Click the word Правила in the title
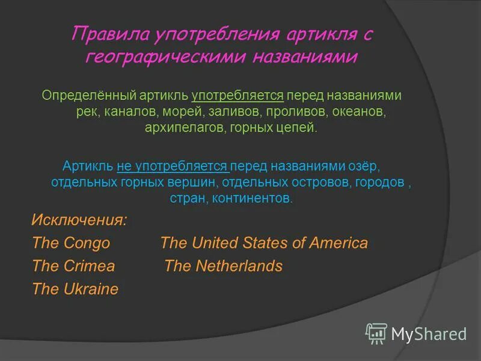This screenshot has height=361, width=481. click(110, 34)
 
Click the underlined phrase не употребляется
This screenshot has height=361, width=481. click(173, 165)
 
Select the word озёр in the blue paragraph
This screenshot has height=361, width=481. click(364, 165)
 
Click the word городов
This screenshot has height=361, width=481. click(380, 182)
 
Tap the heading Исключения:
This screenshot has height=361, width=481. click(79, 220)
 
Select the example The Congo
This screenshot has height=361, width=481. click(71, 243)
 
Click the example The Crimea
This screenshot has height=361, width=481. click(73, 266)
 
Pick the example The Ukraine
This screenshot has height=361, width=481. click(75, 289)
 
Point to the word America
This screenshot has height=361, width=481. click(339, 243)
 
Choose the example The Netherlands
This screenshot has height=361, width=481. click(223, 266)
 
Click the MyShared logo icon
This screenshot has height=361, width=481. click(376, 333)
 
